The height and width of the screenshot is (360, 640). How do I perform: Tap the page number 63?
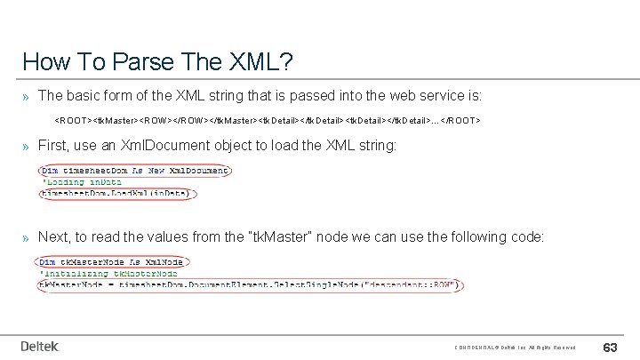[612, 346]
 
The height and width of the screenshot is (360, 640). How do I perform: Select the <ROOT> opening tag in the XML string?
[74, 119]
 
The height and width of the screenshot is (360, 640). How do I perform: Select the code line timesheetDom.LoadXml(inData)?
[118, 193]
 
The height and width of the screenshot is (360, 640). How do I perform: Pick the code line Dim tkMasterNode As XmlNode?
[111, 261]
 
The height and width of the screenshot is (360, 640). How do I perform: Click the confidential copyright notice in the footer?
[515, 347]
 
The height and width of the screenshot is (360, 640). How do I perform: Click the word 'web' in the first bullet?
[385, 94]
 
